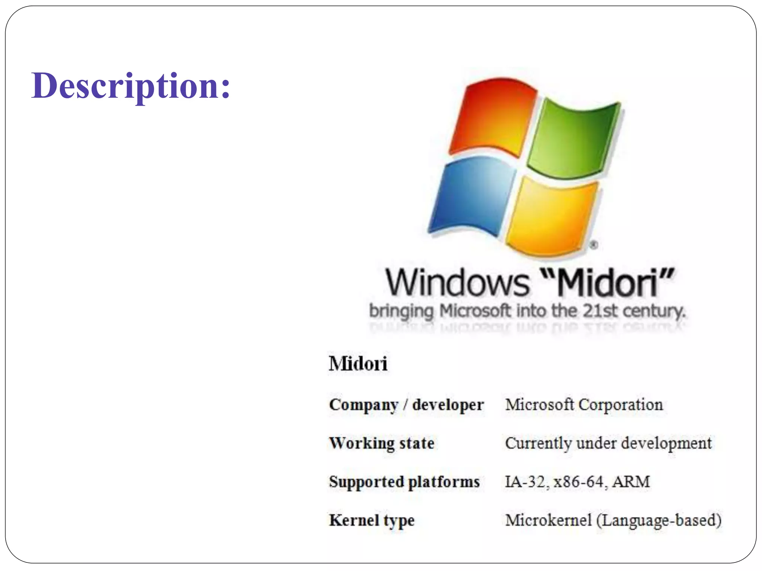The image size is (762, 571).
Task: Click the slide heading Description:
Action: tap(131, 86)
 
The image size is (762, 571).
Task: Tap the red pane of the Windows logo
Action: tap(493, 117)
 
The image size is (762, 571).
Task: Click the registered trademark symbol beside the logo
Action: tap(594, 245)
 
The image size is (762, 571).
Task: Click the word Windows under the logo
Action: tap(457, 283)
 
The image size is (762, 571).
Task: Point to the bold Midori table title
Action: tap(358, 364)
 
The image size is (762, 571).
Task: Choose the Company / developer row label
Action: tap(406, 405)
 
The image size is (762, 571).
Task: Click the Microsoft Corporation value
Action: tap(584, 405)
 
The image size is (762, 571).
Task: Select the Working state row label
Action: tap(382, 443)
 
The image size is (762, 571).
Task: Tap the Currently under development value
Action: tap(608, 443)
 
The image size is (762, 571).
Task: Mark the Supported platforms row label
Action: tap(404, 482)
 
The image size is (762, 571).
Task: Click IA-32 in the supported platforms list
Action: tap(525, 482)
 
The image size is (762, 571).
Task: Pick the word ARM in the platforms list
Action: tap(631, 482)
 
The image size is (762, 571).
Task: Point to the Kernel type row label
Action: tap(372, 520)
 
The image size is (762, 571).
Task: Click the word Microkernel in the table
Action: tap(548, 520)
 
